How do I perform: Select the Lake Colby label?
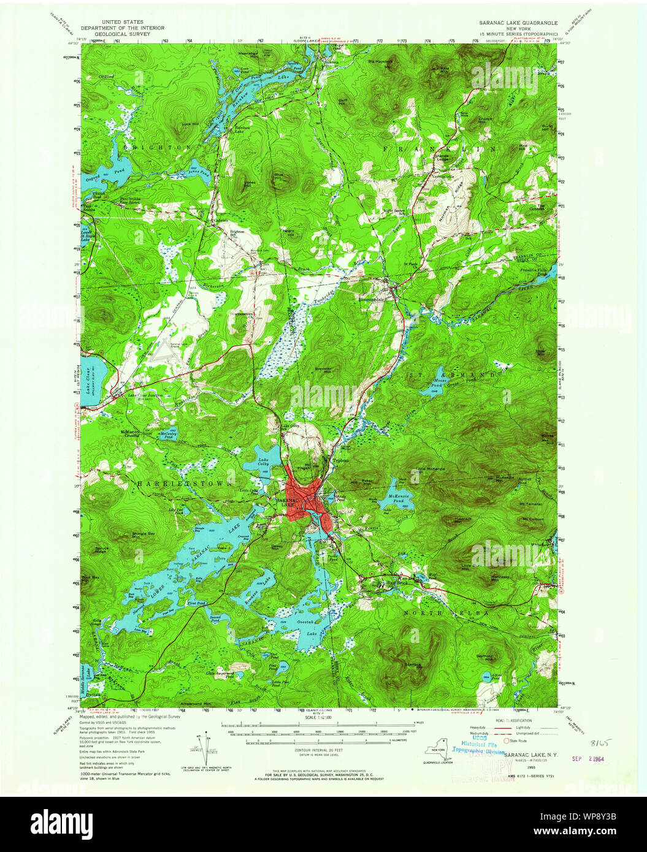click(263, 462)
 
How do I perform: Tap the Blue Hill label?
click(280, 177)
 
